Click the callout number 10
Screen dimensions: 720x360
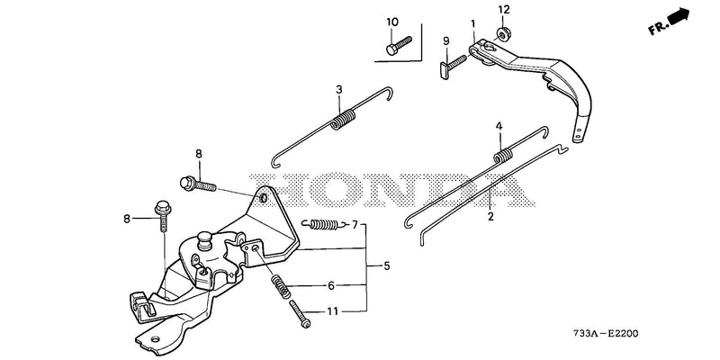pyautogui.click(x=392, y=22)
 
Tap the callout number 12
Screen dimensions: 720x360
pyautogui.click(x=504, y=9)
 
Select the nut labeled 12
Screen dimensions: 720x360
pyautogui.click(x=502, y=33)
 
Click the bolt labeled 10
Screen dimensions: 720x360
pyautogui.click(x=399, y=46)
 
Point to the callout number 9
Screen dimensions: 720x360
pyautogui.click(x=445, y=40)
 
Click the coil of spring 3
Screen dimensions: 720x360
pyautogui.click(x=343, y=119)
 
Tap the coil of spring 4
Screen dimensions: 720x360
pyautogui.click(x=504, y=155)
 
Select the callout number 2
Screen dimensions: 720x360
pyautogui.click(x=490, y=216)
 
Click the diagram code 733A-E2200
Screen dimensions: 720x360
pyautogui.click(x=605, y=334)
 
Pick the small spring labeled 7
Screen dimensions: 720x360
pyautogui.click(x=325, y=223)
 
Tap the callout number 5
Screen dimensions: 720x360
pyautogui.click(x=387, y=265)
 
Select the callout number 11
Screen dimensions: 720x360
pyautogui.click(x=332, y=311)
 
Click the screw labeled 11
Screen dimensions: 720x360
pyautogui.click(x=300, y=314)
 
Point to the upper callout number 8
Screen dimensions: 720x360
pyautogui.click(x=198, y=154)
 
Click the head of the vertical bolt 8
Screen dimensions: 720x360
pyautogui.click(x=163, y=209)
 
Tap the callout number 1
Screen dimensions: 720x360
pyautogui.click(x=473, y=23)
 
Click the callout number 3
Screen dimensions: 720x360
pyautogui.click(x=339, y=89)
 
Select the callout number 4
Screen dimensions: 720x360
pyautogui.click(x=499, y=126)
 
